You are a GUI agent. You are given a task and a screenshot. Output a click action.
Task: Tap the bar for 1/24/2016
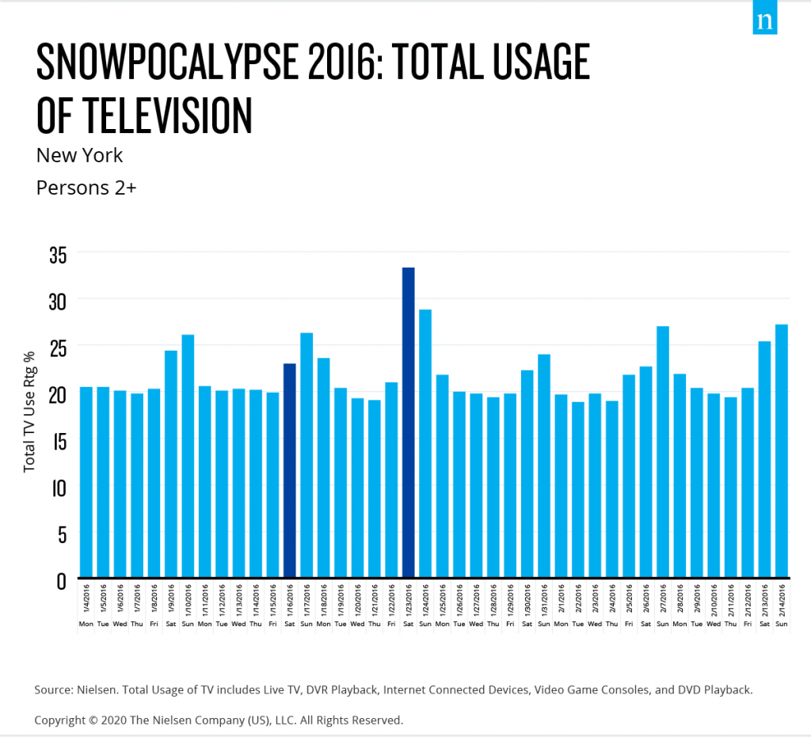point(425,443)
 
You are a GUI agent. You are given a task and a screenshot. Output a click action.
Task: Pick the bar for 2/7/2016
point(663,451)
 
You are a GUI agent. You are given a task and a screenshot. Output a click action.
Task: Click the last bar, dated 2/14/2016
point(782,450)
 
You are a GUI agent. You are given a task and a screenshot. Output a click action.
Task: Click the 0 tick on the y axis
point(60,580)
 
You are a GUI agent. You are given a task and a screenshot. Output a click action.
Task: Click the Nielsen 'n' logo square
point(766,21)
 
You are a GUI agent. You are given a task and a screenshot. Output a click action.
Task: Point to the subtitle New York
point(80,154)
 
